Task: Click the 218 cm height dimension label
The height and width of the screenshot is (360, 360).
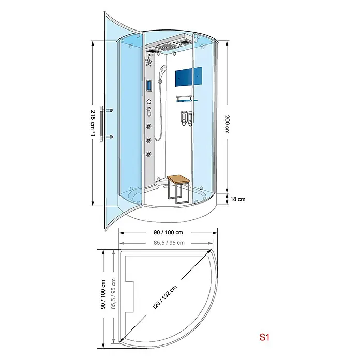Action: point(93,123)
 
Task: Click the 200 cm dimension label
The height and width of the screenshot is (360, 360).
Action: point(227,124)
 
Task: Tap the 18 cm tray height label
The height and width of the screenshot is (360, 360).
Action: point(237,199)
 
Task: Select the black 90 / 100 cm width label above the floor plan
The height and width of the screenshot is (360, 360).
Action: point(168,232)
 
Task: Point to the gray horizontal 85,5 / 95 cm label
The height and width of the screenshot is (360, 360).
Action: point(169,243)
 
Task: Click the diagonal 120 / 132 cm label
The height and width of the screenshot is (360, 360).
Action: point(164,297)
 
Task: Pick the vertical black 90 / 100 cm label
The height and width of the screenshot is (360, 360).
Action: point(103,294)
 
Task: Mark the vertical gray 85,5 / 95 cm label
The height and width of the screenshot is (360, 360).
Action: point(113,294)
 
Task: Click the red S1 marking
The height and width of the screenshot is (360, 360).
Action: point(264,337)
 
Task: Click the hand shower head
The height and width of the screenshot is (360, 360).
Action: point(163,69)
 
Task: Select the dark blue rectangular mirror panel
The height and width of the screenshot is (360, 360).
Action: point(188,77)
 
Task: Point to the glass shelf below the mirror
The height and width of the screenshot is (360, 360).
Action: point(186,100)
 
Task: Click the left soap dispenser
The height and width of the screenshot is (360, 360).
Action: point(184,118)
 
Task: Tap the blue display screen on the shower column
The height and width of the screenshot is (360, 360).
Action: point(149,86)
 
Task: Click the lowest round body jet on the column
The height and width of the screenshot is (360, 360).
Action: point(149,154)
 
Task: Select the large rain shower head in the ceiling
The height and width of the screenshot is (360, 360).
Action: point(168,48)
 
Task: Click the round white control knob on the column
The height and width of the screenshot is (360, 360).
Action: point(149,102)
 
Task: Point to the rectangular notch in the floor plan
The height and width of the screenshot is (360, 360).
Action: point(129,297)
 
